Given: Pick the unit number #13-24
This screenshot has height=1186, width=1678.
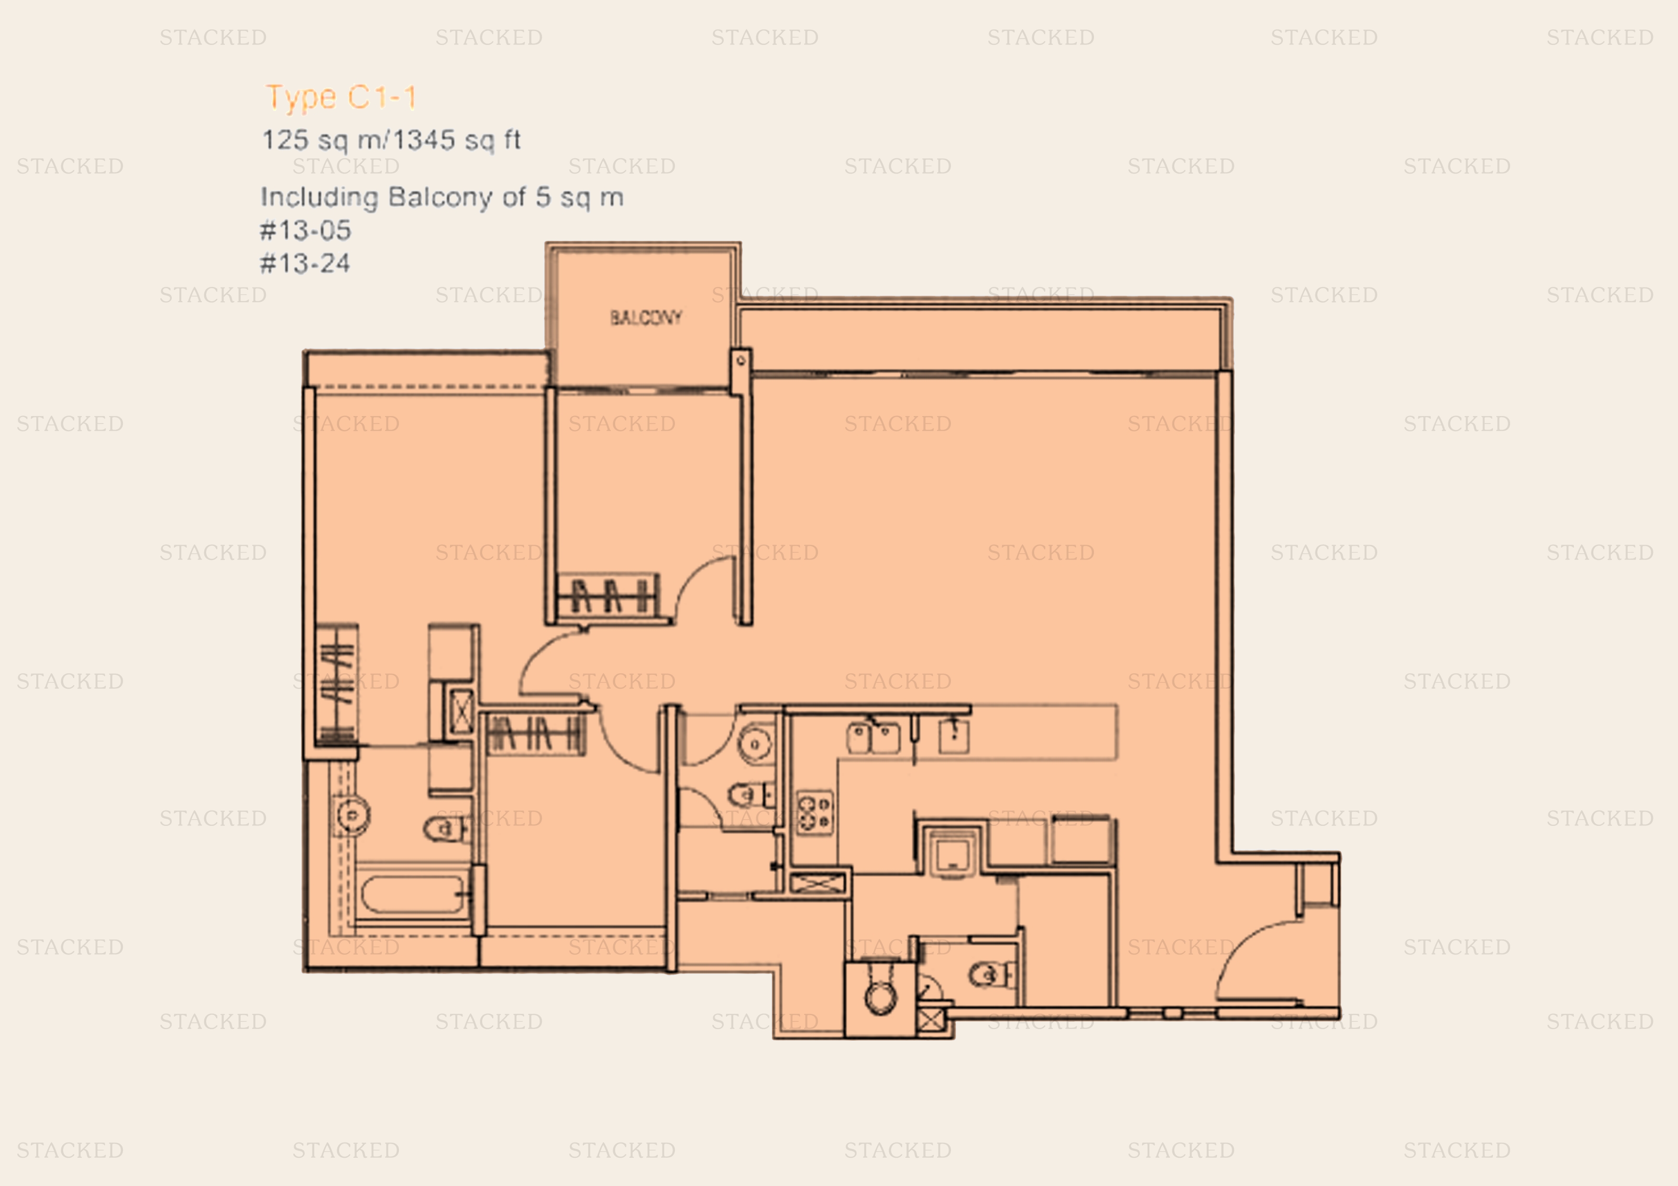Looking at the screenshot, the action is click(306, 263).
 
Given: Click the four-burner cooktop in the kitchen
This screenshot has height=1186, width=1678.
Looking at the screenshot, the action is click(814, 812).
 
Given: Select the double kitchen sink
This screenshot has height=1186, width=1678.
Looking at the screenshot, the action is click(873, 737).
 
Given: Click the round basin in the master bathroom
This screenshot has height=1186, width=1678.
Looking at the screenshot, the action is click(352, 814).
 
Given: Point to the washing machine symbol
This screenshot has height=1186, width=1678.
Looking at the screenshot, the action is click(951, 851).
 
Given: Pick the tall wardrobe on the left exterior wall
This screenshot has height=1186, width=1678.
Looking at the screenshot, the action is click(337, 684).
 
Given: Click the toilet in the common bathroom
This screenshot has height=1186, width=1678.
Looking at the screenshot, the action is click(749, 793).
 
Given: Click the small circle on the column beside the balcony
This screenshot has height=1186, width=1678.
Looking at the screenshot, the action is click(740, 360).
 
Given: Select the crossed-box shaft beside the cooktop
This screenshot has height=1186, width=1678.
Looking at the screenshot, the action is click(818, 883).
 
